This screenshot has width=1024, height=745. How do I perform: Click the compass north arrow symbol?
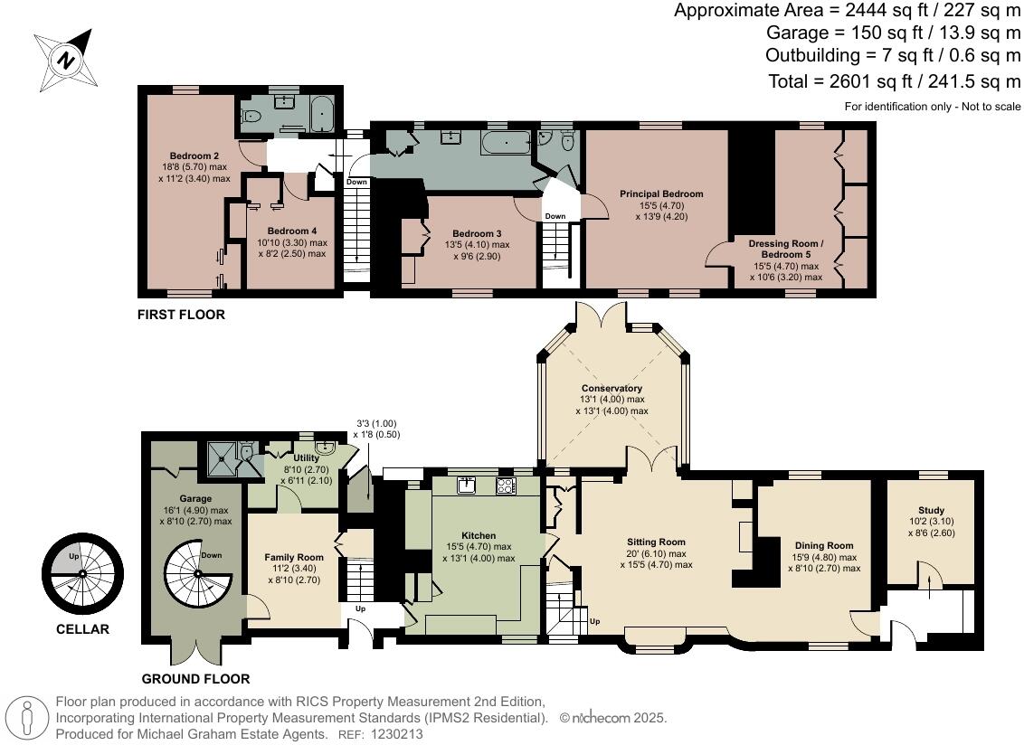tap(66, 60)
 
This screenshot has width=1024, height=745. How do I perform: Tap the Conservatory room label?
tap(612, 388)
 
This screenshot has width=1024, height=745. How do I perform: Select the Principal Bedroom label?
tap(660, 193)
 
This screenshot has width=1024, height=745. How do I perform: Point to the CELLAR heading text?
tap(82, 629)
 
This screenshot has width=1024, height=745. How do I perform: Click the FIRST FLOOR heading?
tap(181, 316)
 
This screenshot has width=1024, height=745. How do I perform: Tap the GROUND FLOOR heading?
tap(195, 679)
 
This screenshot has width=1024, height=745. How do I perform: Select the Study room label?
tap(930, 510)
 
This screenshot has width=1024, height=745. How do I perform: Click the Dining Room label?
tap(823, 545)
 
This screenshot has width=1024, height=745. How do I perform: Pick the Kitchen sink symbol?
tap(468, 486)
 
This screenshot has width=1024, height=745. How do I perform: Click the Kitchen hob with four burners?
tap(505, 486)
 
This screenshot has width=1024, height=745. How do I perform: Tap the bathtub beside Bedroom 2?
tap(323, 116)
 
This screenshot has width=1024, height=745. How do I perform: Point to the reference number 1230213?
tap(398, 735)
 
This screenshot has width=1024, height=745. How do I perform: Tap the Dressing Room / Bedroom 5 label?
tap(785, 250)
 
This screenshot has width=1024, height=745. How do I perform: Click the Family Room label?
tap(293, 557)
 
